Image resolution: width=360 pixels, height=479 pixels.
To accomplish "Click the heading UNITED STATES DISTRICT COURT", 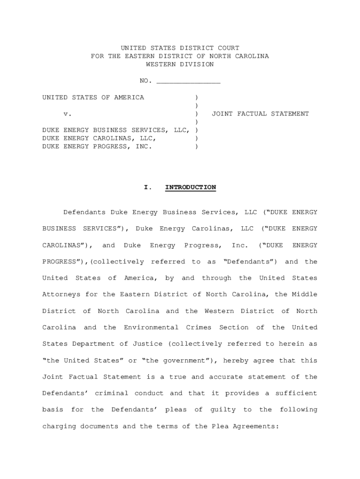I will pos(180,48).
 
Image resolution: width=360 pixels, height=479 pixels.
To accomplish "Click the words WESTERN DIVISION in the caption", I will pos(180,65).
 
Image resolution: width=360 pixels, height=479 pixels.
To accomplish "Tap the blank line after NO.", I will pos(188,81).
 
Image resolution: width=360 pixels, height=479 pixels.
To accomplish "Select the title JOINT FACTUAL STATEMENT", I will pos(260,114).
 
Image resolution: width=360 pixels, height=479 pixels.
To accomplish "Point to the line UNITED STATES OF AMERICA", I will pos(93,97).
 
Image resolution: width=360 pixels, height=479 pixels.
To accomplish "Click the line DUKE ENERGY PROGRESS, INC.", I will pos(97,146).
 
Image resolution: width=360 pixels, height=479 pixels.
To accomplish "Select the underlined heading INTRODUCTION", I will pos(190,188).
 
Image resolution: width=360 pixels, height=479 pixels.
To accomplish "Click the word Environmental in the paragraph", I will pos(151,327).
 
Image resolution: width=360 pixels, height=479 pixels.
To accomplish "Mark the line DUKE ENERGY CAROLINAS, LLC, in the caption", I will pos(99,138).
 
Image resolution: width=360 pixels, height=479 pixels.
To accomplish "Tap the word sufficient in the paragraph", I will pos(298,393).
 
